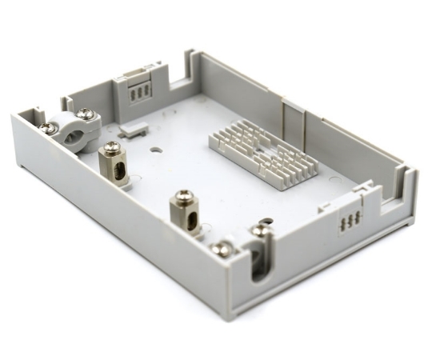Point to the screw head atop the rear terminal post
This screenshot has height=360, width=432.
coord(112,146)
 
